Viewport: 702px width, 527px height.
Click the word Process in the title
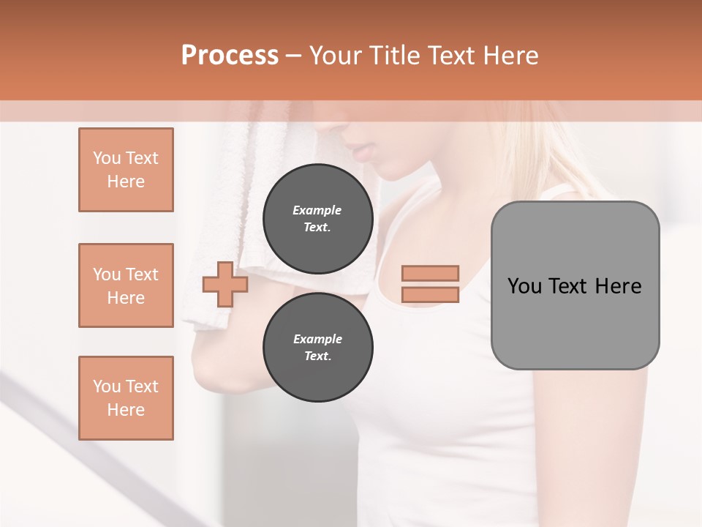(x=230, y=56)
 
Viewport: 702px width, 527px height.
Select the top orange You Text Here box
(x=126, y=170)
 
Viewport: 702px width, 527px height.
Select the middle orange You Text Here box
(x=126, y=285)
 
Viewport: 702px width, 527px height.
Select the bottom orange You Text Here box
(x=126, y=398)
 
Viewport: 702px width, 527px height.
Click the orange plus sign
(x=225, y=284)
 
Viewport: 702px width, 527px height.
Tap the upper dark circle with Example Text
(x=317, y=218)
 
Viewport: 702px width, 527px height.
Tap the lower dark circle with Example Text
(x=317, y=347)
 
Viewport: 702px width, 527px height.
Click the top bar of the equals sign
(x=430, y=273)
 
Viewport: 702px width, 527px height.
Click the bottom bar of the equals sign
(x=430, y=295)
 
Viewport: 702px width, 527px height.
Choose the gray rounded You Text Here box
(x=575, y=285)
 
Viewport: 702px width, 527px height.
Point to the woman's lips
(x=362, y=154)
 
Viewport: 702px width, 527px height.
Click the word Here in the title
(x=510, y=56)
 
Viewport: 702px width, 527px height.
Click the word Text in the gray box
(x=569, y=286)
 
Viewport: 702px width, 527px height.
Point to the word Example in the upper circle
(x=317, y=210)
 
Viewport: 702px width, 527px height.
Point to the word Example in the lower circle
(x=317, y=339)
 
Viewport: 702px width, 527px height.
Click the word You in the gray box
(x=524, y=286)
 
